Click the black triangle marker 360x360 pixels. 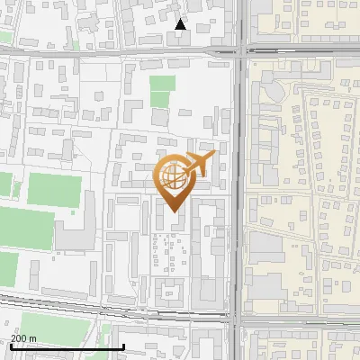181,24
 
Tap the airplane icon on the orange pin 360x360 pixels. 198,164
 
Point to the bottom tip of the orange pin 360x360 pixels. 173,211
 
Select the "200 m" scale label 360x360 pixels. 23,338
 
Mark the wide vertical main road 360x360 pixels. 238,180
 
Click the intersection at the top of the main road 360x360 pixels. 240,50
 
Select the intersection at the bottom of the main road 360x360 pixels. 237,318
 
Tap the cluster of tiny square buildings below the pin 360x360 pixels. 167,247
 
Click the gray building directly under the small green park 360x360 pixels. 160,116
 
